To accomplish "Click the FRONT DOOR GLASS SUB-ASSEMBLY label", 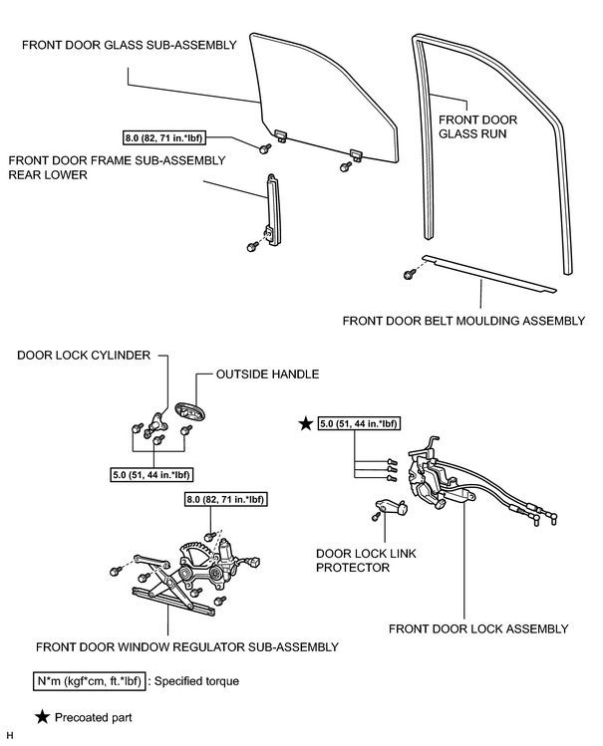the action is [x=129, y=45].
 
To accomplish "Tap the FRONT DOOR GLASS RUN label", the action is [x=477, y=126].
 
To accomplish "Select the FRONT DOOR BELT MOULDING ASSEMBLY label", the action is [x=463, y=321].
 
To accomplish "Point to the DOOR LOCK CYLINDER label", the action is [x=84, y=356].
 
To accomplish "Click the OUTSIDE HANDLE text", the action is [x=267, y=373].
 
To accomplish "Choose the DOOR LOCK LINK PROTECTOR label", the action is [x=366, y=561].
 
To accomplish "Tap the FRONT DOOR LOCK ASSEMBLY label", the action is [x=478, y=628].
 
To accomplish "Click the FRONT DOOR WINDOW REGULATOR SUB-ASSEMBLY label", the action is [x=187, y=647].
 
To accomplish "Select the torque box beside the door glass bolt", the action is [x=163, y=138].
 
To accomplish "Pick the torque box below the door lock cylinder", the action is [x=151, y=474].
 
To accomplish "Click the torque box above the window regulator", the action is [x=224, y=499].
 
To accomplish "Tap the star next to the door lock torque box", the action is [x=305, y=423].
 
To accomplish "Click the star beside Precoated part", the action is [x=42, y=717].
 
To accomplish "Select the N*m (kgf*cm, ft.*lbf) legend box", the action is [x=89, y=681].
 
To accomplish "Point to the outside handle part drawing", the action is [x=189, y=411].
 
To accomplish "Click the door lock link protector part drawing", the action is [x=392, y=506].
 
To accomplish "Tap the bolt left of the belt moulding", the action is [x=409, y=275].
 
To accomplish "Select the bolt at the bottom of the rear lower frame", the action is [x=252, y=247].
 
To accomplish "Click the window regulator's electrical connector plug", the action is [x=254, y=562].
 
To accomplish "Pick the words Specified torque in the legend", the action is [x=196, y=681].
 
